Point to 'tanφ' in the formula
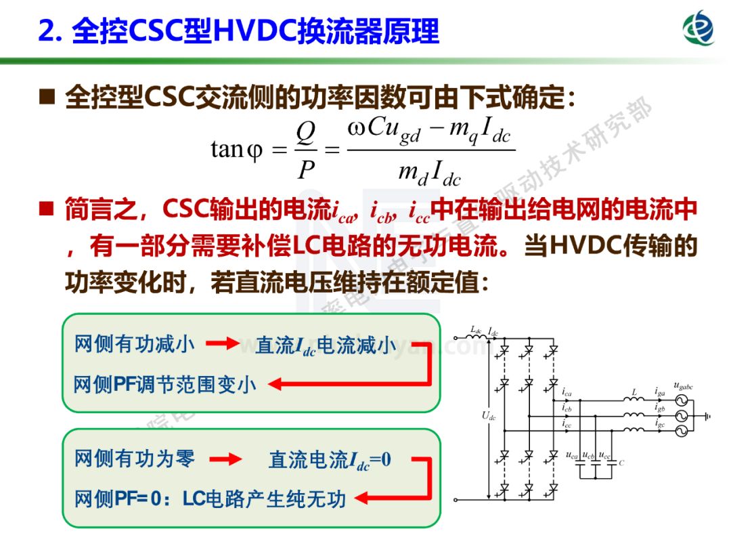(x=236, y=148)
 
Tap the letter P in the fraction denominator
(x=306, y=169)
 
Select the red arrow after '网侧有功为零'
(x=225, y=460)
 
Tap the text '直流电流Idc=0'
(x=330, y=461)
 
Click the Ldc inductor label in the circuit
(x=476, y=330)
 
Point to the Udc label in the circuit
(x=488, y=417)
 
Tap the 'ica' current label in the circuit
(x=567, y=393)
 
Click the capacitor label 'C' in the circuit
(x=621, y=463)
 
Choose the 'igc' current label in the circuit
(x=660, y=423)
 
